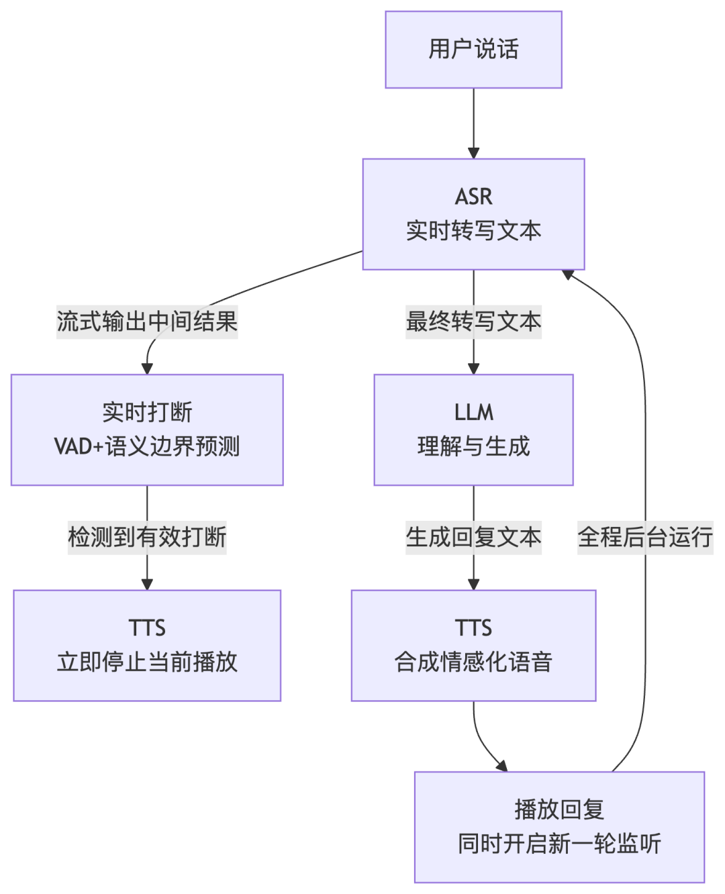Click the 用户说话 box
(473, 50)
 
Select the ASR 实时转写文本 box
(473, 214)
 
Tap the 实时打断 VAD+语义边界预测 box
(147, 430)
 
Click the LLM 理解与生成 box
(473, 430)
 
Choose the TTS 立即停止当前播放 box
(147, 646)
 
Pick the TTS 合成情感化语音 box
(473, 646)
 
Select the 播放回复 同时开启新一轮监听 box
(559, 827)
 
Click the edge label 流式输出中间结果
(147, 321)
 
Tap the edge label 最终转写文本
(473, 321)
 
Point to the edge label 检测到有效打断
(147, 537)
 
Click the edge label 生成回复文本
(473, 537)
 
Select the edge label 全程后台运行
(645, 537)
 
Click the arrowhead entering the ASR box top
(473, 152)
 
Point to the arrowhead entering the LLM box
(473, 368)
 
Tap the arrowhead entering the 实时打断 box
(147, 368)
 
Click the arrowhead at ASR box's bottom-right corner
(569, 274)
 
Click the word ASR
(473, 197)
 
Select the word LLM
(473, 412)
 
